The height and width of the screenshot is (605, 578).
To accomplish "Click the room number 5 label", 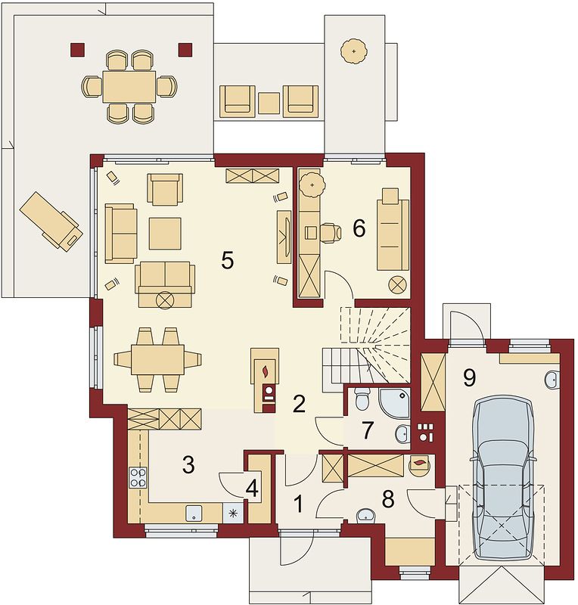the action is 228,260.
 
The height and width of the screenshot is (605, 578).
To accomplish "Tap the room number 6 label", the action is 359,228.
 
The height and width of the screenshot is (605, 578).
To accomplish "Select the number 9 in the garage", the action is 469,377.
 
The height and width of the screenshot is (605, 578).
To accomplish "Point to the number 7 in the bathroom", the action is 367,430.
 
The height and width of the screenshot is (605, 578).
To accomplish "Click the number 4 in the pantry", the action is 252,489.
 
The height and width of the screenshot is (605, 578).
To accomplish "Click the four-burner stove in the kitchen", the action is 138,477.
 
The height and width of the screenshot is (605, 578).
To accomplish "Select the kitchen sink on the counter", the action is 194,513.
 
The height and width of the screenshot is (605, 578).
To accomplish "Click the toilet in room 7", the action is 362,399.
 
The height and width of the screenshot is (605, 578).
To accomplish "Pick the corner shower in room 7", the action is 394,403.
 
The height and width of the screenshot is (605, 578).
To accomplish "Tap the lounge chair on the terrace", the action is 51,221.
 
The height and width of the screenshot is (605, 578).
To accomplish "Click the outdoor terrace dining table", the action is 129,86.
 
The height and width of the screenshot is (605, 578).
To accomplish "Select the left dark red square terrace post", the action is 77,49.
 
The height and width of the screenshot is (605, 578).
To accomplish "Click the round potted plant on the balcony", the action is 353,51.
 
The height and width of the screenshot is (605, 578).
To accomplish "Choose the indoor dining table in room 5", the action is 157,360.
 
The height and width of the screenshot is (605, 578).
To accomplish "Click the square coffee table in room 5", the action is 165,234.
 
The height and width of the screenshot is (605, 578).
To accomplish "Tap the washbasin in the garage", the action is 553,380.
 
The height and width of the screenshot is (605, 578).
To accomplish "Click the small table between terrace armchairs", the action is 269,103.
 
